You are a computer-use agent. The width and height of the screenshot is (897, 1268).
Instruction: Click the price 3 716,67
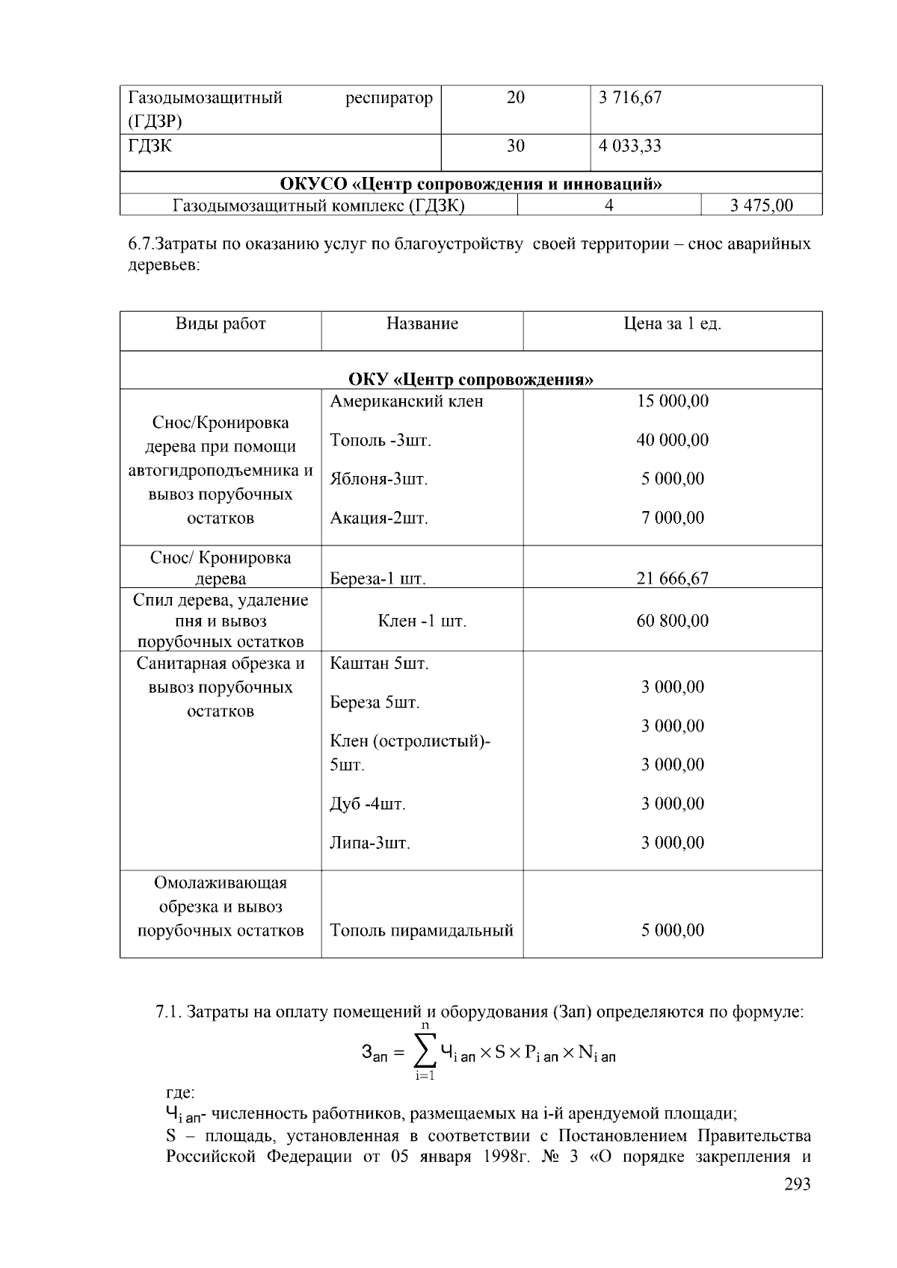[x=629, y=98]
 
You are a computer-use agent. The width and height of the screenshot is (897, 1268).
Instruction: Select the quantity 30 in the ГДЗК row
[x=516, y=146]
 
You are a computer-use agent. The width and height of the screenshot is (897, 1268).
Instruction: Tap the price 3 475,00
[x=761, y=205]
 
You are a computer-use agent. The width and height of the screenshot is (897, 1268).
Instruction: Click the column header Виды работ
[x=221, y=324]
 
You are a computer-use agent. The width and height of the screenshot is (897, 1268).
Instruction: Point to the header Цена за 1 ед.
[x=672, y=324]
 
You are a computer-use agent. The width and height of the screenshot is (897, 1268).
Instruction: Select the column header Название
[x=422, y=324]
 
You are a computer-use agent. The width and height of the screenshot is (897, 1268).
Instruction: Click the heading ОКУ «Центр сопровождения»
[x=471, y=380]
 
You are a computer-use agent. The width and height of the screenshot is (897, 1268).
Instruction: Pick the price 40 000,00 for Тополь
[x=672, y=440]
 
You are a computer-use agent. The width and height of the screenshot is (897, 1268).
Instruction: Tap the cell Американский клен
[x=407, y=401]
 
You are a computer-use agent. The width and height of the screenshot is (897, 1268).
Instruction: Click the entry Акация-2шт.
[x=379, y=518]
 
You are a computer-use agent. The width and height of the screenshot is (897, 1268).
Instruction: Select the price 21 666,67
[x=672, y=578]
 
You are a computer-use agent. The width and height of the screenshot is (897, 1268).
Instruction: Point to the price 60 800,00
[x=672, y=621]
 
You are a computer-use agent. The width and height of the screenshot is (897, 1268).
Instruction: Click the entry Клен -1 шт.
[x=422, y=621]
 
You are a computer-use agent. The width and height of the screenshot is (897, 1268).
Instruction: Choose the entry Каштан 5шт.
[x=379, y=664]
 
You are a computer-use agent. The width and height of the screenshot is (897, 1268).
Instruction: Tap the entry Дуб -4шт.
[x=368, y=804]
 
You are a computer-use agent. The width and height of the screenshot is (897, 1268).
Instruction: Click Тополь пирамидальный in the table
[x=422, y=930]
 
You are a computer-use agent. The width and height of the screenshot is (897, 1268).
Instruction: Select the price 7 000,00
[x=672, y=518]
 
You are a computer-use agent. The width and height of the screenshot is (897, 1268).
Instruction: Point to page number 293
[x=797, y=1184]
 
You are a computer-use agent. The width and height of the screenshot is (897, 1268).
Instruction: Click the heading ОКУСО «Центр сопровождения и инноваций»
[x=471, y=184]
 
